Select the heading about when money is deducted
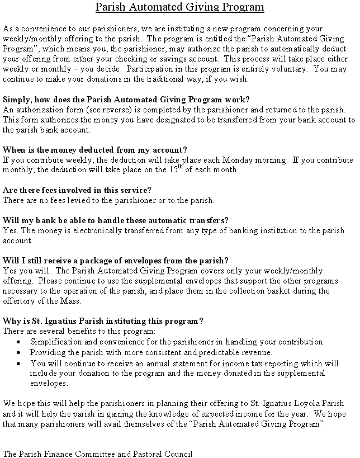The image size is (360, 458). (x=95, y=150)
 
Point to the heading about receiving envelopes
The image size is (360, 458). (x=116, y=261)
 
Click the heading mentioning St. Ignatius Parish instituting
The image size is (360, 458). (x=103, y=321)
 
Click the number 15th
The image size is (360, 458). (x=176, y=168)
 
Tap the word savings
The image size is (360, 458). (x=183, y=59)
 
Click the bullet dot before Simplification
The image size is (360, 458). (x=18, y=342)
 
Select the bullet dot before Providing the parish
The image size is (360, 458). (x=18, y=353)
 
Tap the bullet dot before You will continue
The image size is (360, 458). (x=18, y=363)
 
